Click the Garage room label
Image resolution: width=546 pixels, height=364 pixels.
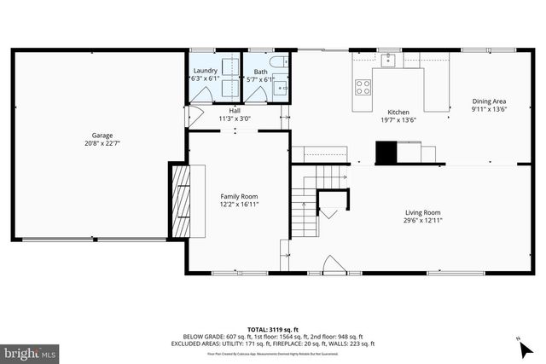coord(102,136)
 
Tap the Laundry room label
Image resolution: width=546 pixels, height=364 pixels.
coord(205,71)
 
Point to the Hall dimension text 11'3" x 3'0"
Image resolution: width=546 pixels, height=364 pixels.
coord(234,118)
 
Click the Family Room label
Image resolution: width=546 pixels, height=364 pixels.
coord(239,197)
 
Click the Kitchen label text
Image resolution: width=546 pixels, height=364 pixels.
coord(398,113)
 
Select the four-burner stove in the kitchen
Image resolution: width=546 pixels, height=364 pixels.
coord(363,86)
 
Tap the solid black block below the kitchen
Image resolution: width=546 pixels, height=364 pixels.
coord(387,152)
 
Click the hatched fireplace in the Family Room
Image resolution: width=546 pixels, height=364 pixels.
coord(181,201)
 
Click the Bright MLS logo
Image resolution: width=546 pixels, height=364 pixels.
coord(30,351)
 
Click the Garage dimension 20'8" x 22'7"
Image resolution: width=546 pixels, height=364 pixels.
coord(102,143)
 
